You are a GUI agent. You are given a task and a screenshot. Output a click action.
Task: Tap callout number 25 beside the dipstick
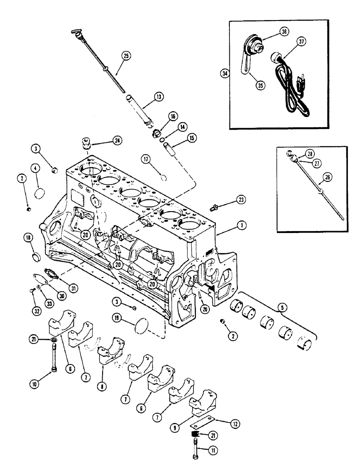click(125, 55)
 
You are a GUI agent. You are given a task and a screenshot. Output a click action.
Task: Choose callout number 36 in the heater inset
click(284, 31)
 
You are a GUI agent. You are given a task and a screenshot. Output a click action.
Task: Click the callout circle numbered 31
click(73, 288)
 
